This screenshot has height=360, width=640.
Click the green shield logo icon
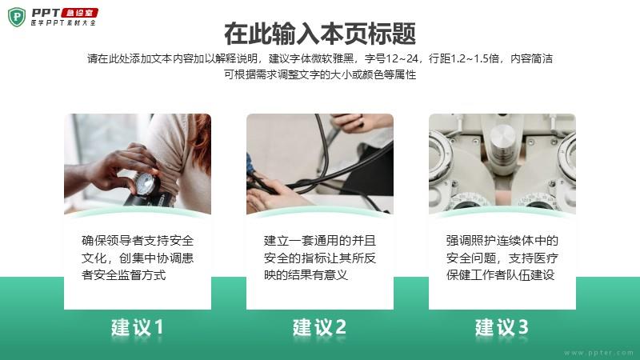click(17, 17)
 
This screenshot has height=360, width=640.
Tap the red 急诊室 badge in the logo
click(79, 13)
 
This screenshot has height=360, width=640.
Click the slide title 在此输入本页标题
click(320, 34)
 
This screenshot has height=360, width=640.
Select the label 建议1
click(138, 327)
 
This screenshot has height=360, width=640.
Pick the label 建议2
click(319, 327)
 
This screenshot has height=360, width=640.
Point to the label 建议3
click(502, 327)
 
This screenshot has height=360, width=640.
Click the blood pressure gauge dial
click(146, 184)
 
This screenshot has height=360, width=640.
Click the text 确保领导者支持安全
click(138, 241)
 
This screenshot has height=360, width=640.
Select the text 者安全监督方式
click(124, 274)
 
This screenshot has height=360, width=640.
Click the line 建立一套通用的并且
click(319, 241)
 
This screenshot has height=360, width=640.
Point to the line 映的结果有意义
click(306, 274)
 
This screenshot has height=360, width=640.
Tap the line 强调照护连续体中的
click(502, 241)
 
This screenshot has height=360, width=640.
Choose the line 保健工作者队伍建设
click(501, 274)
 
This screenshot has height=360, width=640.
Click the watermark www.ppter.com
click(598, 353)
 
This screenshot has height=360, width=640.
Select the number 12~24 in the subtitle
click(402, 58)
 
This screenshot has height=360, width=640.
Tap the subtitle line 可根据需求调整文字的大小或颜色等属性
click(320, 74)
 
